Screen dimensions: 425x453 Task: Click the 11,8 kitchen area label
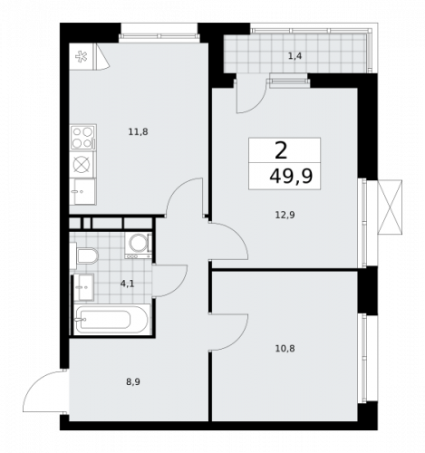pos(138,132)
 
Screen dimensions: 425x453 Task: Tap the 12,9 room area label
pos(285,215)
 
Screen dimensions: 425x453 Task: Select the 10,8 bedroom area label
pos(285,349)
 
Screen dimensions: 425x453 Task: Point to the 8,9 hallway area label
pos(133,382)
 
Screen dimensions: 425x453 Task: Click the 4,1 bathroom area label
pos(127,284)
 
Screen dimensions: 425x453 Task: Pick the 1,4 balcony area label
pos(295,56)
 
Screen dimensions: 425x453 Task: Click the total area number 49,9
pos(291,177)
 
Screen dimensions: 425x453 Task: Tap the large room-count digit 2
pos(281,151)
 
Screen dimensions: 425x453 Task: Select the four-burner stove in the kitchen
pos(83,138)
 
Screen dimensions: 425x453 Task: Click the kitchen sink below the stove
pos(82,191)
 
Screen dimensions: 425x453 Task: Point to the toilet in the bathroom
pos(84,255)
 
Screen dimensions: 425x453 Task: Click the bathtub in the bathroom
pos(111,320)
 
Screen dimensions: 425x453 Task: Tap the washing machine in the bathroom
pos(139,246)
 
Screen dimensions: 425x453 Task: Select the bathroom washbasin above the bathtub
pos(83,287)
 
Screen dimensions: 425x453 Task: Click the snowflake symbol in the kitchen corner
pos(81,56)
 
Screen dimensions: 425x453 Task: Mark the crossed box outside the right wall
pos(390,207)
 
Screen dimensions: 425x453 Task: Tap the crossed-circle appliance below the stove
pos(82,165)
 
